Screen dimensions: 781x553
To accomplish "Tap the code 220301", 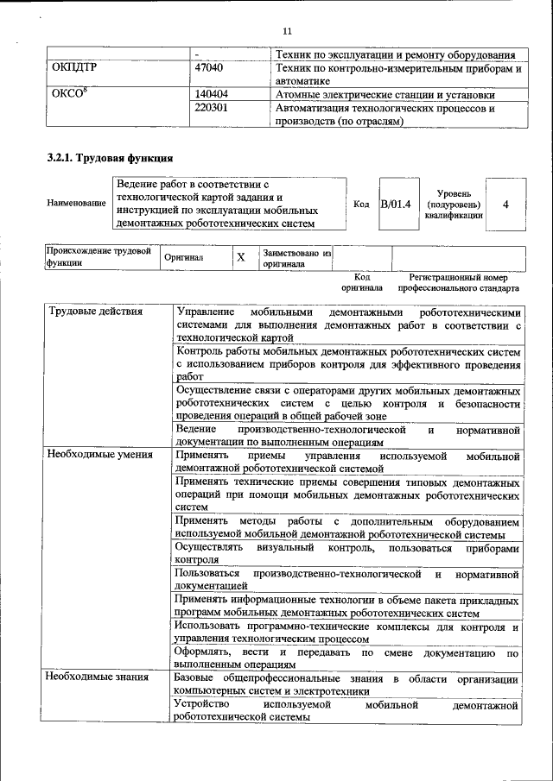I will click(x=211, y=109).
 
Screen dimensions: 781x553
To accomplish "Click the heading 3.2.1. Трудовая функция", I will click(x=110, y=159).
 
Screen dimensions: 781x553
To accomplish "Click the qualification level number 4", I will click(x=505, y=204).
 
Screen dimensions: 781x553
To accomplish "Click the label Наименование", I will click(x=77, y=204).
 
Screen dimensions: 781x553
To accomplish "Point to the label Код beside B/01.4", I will click(x=362, y=205).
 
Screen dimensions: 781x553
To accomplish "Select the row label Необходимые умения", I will click(x=100, y=454).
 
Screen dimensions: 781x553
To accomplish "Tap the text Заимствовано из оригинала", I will click(x=297, y=258).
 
